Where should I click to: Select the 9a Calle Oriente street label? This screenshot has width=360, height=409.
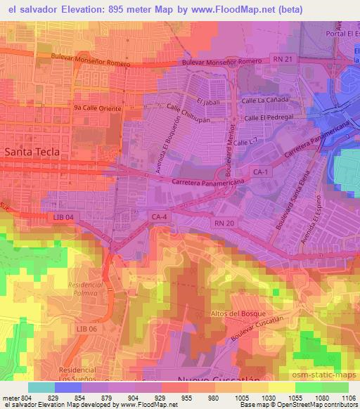click(x=98, y=109)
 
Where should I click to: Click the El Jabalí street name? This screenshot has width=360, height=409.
click(x=209, y=102)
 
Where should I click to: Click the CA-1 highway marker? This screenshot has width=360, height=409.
click(x=259, y=171)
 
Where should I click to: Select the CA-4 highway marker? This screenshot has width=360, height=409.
click(x=157, y=217)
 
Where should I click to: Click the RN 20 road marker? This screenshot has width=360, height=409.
click(x=220, y=222)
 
